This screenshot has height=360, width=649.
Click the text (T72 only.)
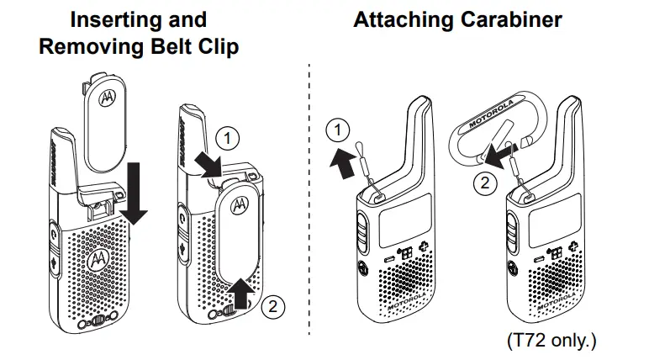pos(551,341)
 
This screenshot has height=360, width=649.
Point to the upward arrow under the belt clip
pos(241,294)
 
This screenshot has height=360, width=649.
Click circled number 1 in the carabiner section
pos(337,130)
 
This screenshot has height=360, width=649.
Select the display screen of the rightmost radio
pos(551,220)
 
